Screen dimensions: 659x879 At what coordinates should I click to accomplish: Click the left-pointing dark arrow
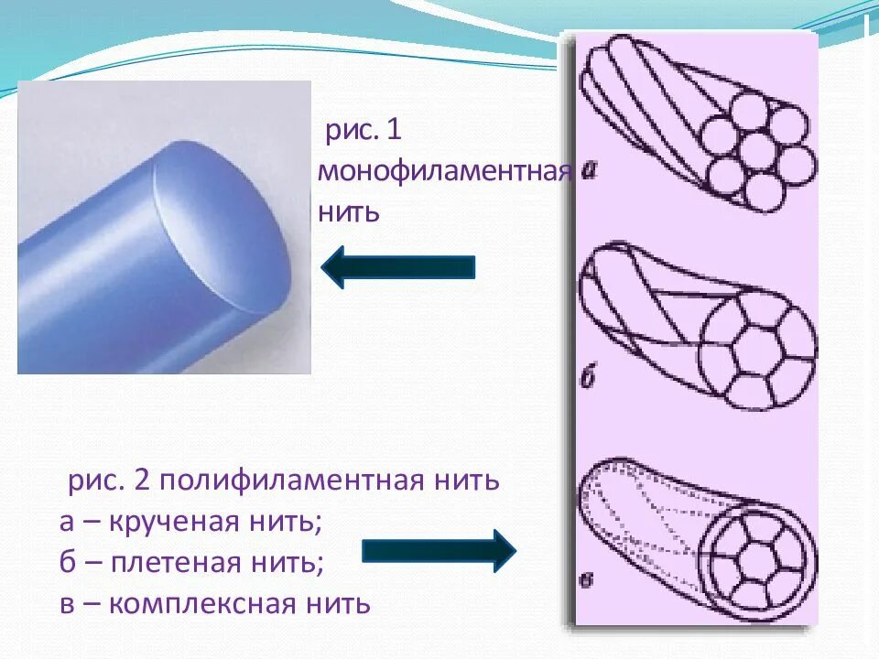tap(397, 266)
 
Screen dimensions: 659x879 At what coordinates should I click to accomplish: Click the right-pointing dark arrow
tap(439, 550)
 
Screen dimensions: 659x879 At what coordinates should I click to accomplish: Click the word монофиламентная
tap(445, 172)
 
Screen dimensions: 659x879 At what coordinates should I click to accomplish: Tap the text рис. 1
tap(364, 130)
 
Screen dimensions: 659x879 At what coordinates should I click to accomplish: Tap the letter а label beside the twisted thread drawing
tap(588, 169)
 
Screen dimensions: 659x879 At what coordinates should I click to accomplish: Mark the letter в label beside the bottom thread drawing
tap(587, 578)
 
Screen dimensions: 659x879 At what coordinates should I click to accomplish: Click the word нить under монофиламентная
tap(349, 213)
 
